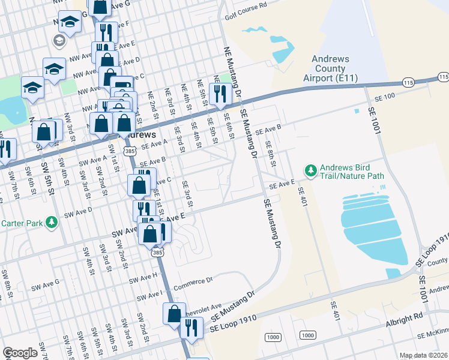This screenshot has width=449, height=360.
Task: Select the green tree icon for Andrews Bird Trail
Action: click(x=310, y=172)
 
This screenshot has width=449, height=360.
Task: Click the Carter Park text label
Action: click(x=21, y=223)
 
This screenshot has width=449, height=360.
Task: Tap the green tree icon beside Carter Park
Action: click(x=52, y=223)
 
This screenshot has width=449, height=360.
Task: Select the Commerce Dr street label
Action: click(x=193, y=280)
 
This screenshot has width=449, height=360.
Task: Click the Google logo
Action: click(x=20, y=353)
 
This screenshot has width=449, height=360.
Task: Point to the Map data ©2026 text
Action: click(x=423, y=355)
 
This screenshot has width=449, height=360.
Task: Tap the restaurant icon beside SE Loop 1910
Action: click(x=191, y=327)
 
